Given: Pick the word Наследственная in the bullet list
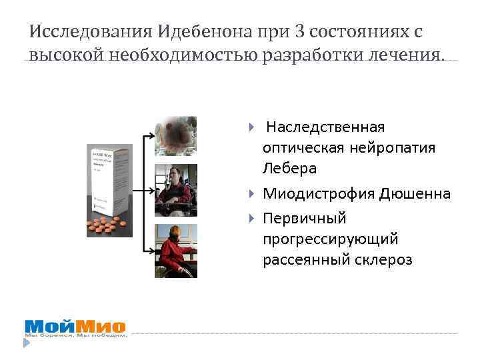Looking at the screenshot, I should point(325,127).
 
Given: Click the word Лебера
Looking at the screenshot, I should point(290,168).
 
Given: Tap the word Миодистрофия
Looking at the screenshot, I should point(318,194).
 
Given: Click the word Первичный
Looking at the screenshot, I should point(305,219).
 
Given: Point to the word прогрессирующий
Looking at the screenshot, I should point(330,239).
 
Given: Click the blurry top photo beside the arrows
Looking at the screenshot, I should point(176,136).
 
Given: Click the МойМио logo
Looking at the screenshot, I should point(75,327).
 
